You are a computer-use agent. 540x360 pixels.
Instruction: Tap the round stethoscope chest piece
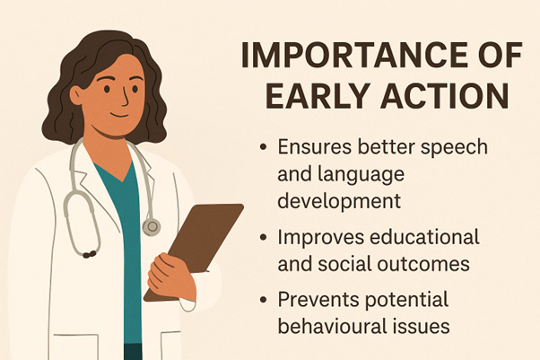[151, 224]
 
